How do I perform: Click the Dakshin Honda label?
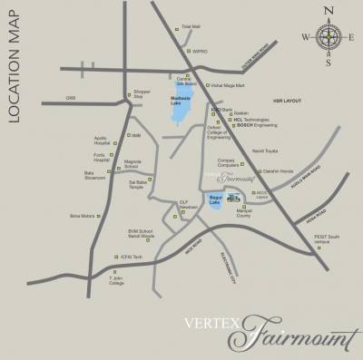[x=277, y=170]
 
